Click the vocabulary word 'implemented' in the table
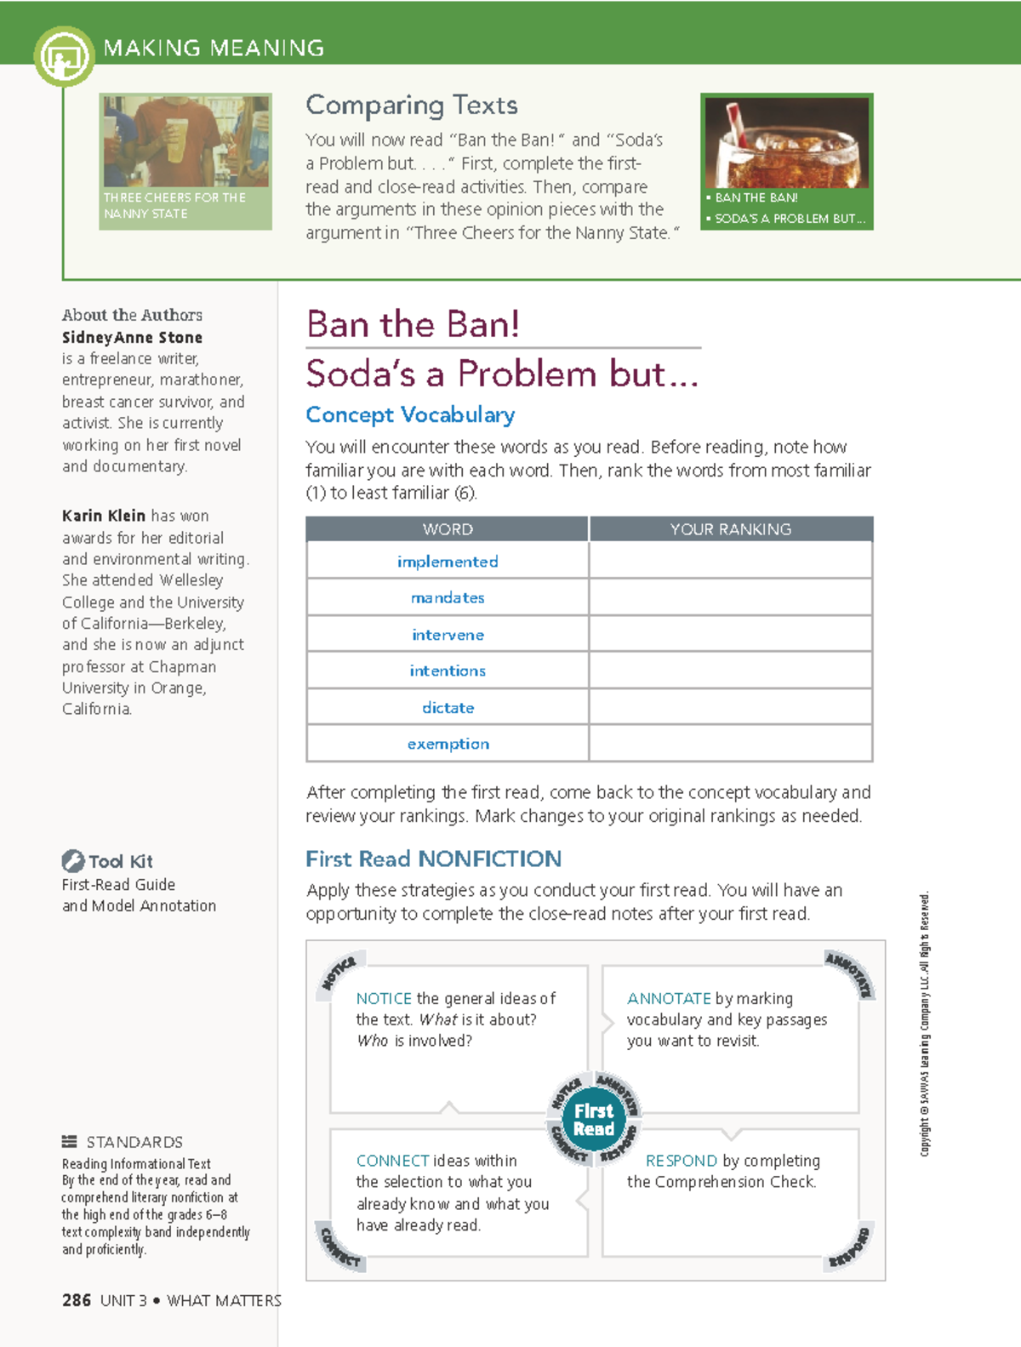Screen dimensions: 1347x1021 pyautogui.click(x=448, y=562)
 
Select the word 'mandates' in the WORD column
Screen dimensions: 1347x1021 pyautogui.click(x=448, y=598)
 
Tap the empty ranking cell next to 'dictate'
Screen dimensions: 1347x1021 pyautogui.click(x=730, y=707)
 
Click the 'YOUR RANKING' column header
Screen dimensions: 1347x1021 pyautogui.click(x=730, y=529)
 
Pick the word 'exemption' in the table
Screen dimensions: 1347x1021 pyautogui.click(x=448, y=744)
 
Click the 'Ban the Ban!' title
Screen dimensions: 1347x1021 pyautogui.click(x=413, y=324)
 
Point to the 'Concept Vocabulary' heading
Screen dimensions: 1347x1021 pyautogui.click(x=410, y=415)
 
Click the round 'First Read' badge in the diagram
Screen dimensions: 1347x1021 pyautogui.click(x=593, y=1120)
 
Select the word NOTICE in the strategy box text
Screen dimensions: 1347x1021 pyautogui.click(x=384, y=998)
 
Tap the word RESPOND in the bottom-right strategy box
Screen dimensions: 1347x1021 pyautogui.click(x=681, y=1161)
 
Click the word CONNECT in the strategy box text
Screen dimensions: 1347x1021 pyautogui.click(x=392, y=1161)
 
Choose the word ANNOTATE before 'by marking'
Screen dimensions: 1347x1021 pyautogui.click(x=669, y=998)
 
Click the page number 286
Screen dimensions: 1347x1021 pyautogui.click(x=77, y=1300)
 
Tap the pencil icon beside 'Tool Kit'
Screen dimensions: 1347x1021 pyautogui.click(x=72, y=860)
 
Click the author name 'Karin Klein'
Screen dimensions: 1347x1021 pyautogui.click(x=103, y=516)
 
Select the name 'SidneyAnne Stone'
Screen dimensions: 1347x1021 pyautogui.click(x=132, y=338)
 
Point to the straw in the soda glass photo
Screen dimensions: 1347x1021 pyautogui.click(x=737, y=123)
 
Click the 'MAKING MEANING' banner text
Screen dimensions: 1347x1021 pyautogui.click(x=214, y=48)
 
